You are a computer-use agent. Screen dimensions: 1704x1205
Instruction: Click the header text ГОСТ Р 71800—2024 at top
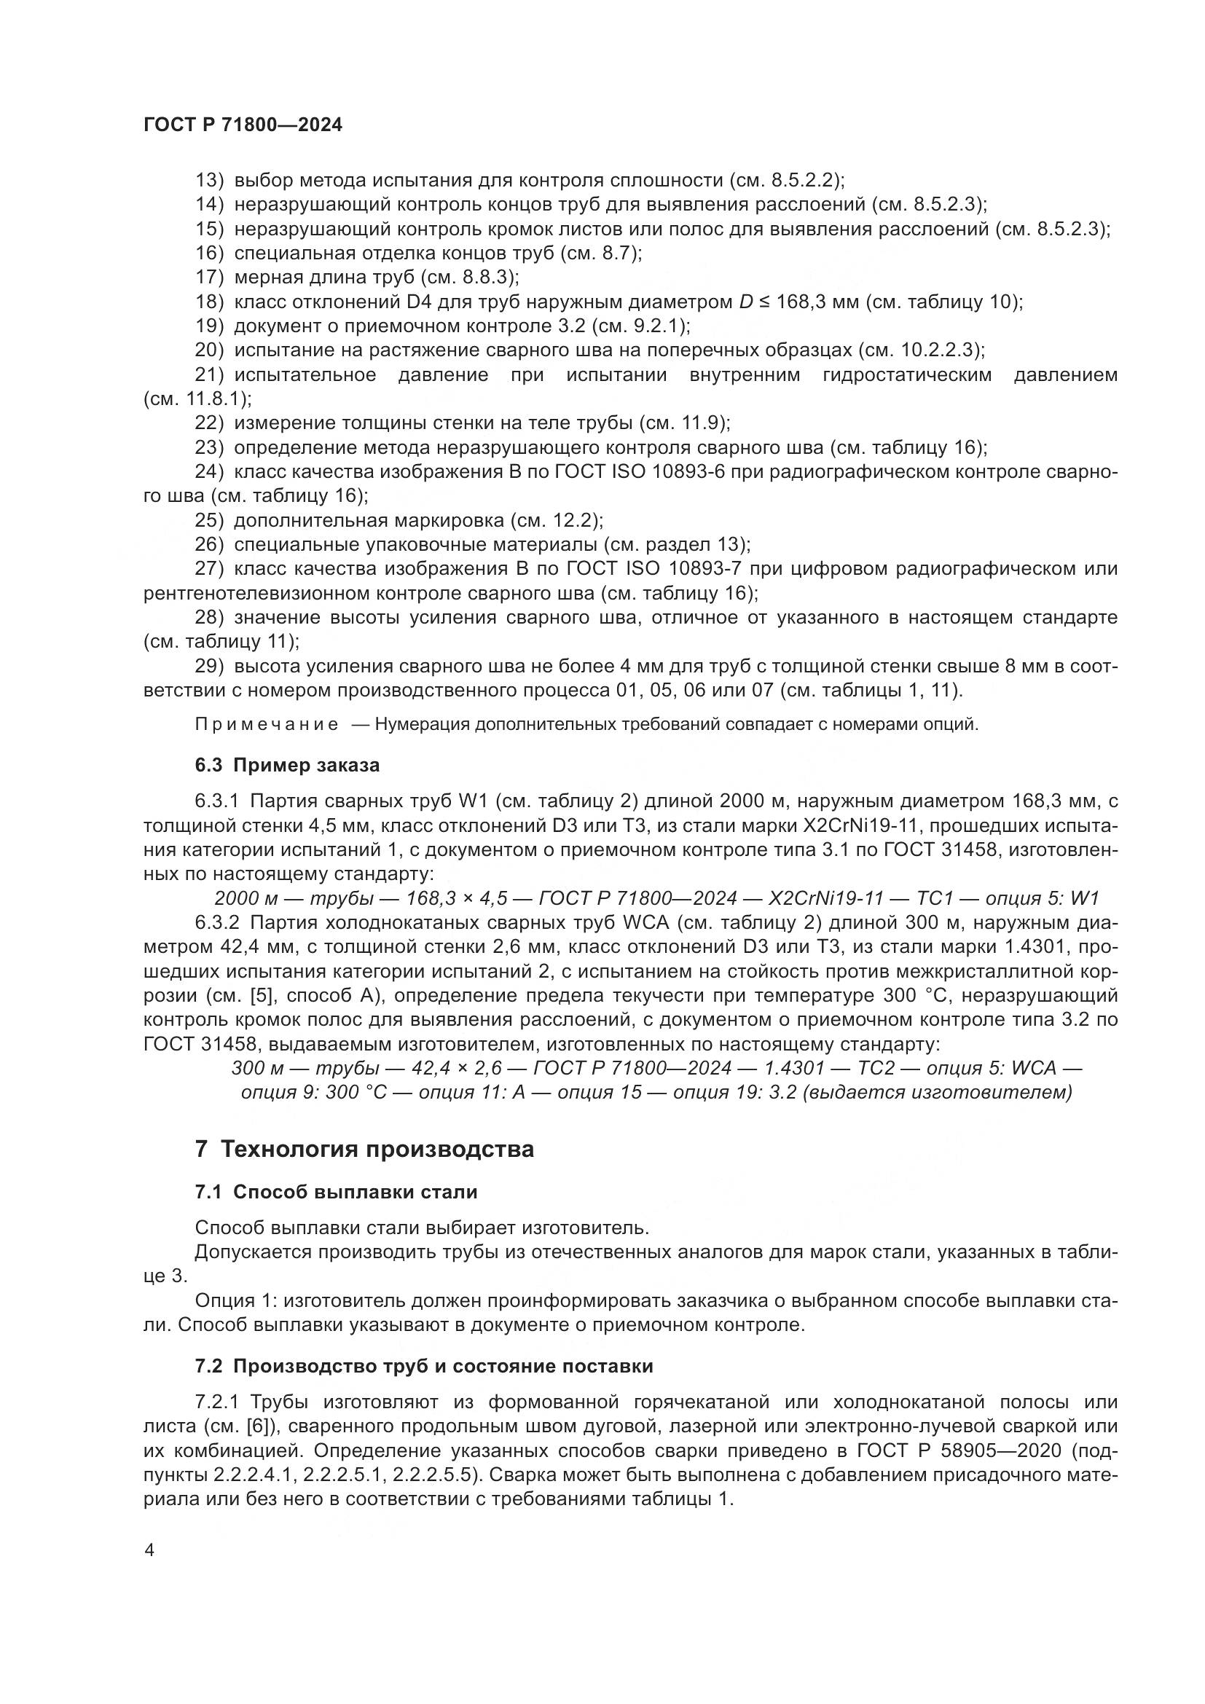click(243, 125)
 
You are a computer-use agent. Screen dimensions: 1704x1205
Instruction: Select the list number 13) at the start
click(209, 181)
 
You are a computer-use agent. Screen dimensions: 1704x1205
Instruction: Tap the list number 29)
click(209, 667)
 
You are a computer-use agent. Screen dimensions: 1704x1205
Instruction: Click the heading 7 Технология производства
click(364, 1150)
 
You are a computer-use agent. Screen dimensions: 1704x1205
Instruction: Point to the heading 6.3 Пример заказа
click(287, 765)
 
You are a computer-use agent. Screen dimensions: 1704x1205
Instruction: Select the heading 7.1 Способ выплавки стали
click(336, 1192)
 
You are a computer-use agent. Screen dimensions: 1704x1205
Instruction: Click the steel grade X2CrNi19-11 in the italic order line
click(826, 898)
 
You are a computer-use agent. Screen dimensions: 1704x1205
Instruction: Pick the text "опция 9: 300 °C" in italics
click(315, 1093)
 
